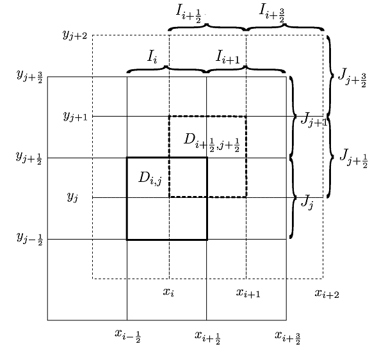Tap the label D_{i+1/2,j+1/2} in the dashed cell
(211, 142)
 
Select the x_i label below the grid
(168, 293)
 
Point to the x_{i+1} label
(247, 293)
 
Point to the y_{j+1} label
(75, 116)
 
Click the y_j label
(72, 197)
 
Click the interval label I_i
(152, 57)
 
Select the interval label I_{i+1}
(227, 58)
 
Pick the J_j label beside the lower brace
(307, 204)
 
